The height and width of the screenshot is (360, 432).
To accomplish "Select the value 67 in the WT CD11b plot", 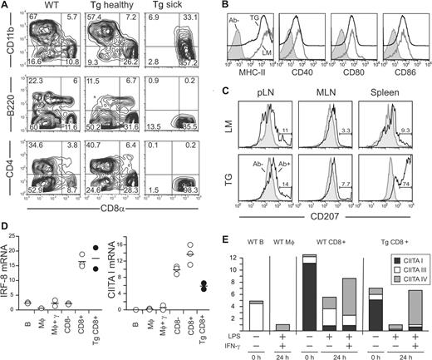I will pos(31,17).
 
